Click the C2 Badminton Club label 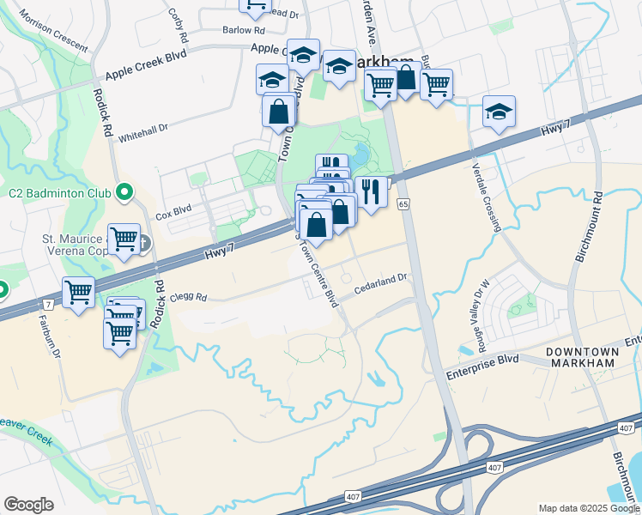click(x=57, y=191)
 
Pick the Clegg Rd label click(x=190, y=298)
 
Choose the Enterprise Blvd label click(x=482, y=360)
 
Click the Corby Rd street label click(x=179, y=26)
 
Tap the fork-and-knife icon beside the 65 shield click(x=370, y=191)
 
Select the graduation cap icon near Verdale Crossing click(x=498, y=112)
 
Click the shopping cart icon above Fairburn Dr click(x=78, y=293)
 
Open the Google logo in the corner click(x=28, y=505)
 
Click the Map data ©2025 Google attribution click(x=588, y=508)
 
